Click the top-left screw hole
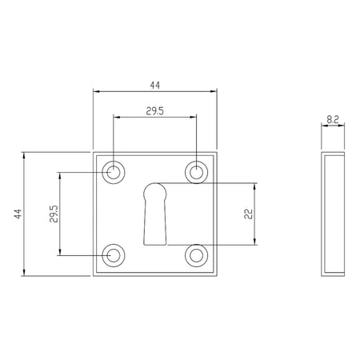pyautogui.click(x=114, y=172)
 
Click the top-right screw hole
pyautogui.click(x=197, y=172)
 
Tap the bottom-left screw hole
pyautogui.click(x=114, y=255)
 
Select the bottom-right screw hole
pyautogui.click(x=197, y=255)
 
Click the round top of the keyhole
pyautogui.click(x=155, y=184)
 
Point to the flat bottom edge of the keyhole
pyautogui.click(x=155, y=245)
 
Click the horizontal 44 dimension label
pyautogui.click(x=155, y=86)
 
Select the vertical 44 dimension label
pyautogui.click(x=18, y=214)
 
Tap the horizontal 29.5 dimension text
pyautogui.click(x=155, y=111)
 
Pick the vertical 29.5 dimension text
pyautogui.click(x=54, y=214)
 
